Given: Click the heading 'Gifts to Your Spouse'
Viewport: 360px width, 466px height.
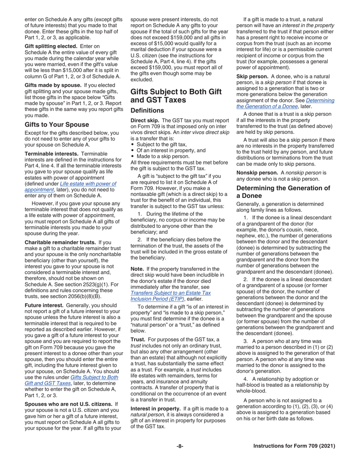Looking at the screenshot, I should (57, 124).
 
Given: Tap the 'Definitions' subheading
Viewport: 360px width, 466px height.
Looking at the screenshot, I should (147, 110).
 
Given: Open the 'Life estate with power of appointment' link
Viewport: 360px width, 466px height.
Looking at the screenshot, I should (70, 186).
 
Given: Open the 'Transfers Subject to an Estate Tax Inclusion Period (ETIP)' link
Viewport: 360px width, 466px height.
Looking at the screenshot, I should (171, 296).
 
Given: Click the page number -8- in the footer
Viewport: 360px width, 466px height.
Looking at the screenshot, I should (180, 446).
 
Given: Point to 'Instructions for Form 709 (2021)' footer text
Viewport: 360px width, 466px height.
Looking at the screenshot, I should (294, 446).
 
